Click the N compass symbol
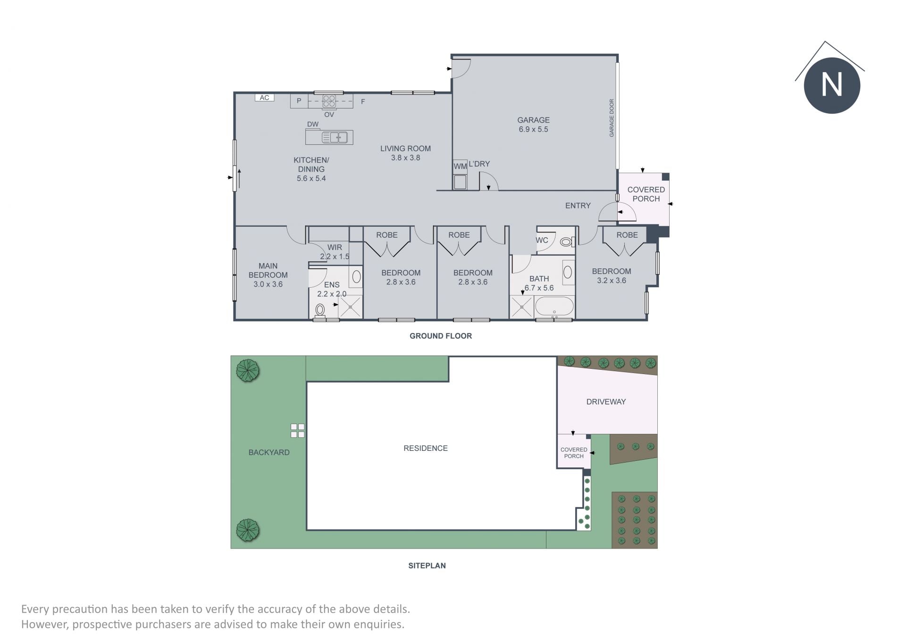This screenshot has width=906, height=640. (x=832, y=85)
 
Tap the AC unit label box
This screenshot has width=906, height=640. (x=264, y=98)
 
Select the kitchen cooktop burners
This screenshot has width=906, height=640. (x=329, y=101)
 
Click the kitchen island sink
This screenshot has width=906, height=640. (x=335, y=137)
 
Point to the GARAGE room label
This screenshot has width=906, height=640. (x=533, y=120)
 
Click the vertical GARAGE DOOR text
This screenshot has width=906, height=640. (x=612, y=118)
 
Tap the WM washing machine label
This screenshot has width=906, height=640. (x=460, y=166)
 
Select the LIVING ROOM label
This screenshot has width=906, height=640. (x=405, y=149)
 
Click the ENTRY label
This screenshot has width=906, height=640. (x=578, y=206)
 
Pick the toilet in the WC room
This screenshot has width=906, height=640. (x=567, y=242)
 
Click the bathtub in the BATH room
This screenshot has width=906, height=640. (x=554, y=307)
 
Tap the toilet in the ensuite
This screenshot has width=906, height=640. (x=320, y=310)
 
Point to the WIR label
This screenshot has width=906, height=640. (x=335, y=247)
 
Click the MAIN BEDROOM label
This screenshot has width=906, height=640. (x=268, y=270)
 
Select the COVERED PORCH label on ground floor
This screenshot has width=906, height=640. (x=646, y=194)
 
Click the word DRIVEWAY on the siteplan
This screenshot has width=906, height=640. (x=606, y=402)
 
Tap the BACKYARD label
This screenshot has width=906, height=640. (x=269, y=452)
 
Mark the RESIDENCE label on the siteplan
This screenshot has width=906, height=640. (x=426, y=448)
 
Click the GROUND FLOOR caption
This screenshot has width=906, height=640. (x=441, y=336)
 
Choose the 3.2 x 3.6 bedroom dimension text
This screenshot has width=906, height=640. (x=612, y=280)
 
